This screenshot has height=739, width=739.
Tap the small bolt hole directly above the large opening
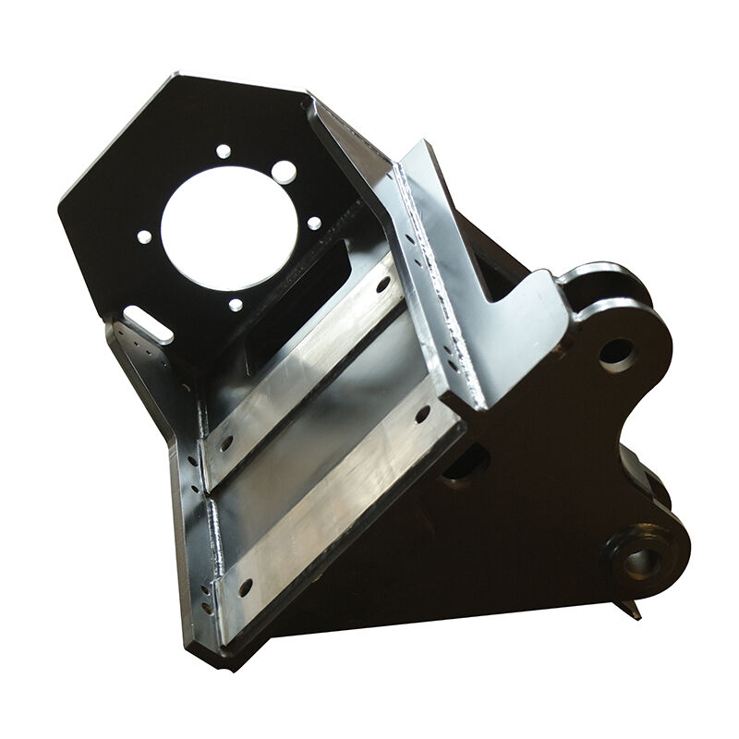click(x=223, y=150)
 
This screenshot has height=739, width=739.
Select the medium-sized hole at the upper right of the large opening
click(x=285, y=172)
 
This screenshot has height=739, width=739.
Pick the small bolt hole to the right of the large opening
click(x=314, y=223)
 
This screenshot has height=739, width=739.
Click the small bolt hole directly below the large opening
click(x=236, y=304)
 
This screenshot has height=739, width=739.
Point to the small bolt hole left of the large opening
click(x=143, y=236)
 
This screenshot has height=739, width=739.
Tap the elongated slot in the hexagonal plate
click(x=142, y=324)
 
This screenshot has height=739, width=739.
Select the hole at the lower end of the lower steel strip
click(x=245, y=586)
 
